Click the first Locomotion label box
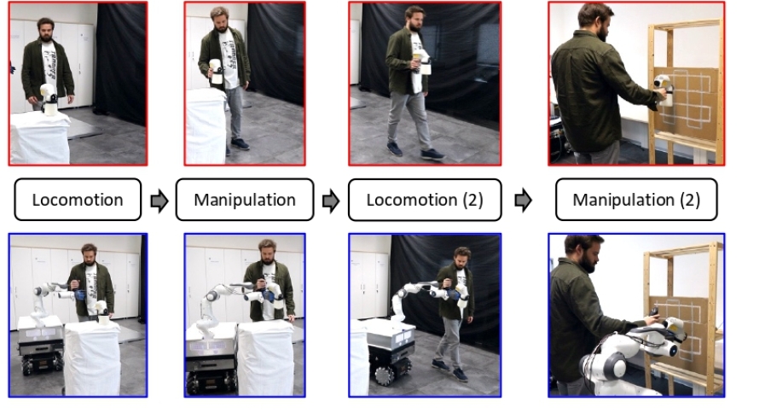tap(78, 199)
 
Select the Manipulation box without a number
tap(245, 199)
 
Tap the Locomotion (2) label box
tap(425, 199)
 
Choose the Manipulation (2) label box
tap(636, 199)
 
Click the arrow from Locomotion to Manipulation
tap(159, 200)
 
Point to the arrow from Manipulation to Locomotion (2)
tap(331, 200)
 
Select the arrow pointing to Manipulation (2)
tap(524, 200)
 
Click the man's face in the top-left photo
tap(45, 31)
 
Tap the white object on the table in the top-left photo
tap(49, 99)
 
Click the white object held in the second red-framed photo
tap(216, 72)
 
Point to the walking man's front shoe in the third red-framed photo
tap(432, 155)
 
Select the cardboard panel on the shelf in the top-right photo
tap(686, 104)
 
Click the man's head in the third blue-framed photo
tap(461, 259)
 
